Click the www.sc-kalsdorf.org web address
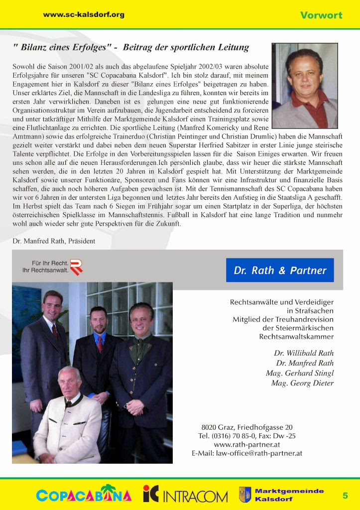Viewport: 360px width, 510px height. coord(84,15)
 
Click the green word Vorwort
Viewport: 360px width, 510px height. coord(321,15)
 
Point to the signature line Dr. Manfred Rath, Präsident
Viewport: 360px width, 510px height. coord(54,241)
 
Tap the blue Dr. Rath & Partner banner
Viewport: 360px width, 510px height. coord(280,270)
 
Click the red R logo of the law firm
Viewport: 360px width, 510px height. coord(76,267)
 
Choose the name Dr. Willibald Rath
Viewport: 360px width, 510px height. coord(304,353)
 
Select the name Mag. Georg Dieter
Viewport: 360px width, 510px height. coord(302,383)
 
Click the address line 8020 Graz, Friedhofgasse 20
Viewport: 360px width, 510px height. coord(247,427)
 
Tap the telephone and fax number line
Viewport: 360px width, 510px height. coord(247,436)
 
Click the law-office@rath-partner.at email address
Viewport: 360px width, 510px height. coord(247,453)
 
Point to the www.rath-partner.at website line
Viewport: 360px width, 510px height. coord(247,444)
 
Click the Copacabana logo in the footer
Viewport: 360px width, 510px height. coord(84,495)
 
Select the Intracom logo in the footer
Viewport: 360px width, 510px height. coord(185,495)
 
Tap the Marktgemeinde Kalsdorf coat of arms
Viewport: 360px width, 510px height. coord(244,495)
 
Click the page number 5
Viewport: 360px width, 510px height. coord(345,495)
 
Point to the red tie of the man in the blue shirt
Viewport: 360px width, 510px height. coord(100,344)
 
